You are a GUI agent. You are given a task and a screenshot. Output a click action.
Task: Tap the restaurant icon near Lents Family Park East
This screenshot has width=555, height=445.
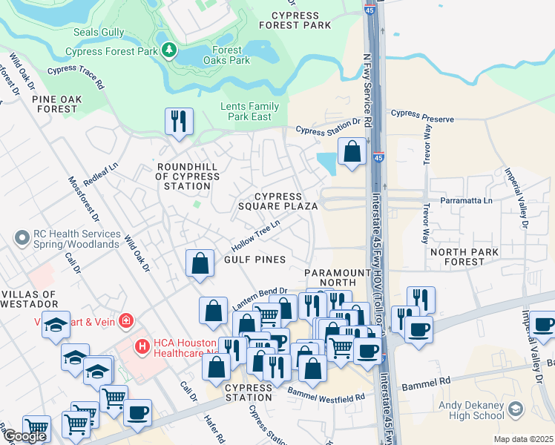[179, 121]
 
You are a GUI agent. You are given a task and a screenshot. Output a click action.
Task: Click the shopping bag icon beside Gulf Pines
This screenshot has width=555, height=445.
[200, 263]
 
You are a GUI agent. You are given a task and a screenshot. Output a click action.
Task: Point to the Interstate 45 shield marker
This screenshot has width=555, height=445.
[378, 157]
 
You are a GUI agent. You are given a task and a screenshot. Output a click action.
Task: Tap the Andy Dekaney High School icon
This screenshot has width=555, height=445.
[513, 409]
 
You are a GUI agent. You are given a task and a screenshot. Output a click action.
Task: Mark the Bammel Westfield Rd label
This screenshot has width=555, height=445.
[327, 395]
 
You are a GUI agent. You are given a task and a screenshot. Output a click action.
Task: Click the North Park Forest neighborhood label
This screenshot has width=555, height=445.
[457, 257]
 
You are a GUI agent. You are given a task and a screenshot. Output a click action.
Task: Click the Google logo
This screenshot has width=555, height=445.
[24, 436]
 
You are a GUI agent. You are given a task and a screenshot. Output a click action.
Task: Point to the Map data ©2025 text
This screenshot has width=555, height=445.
[523, 439]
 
